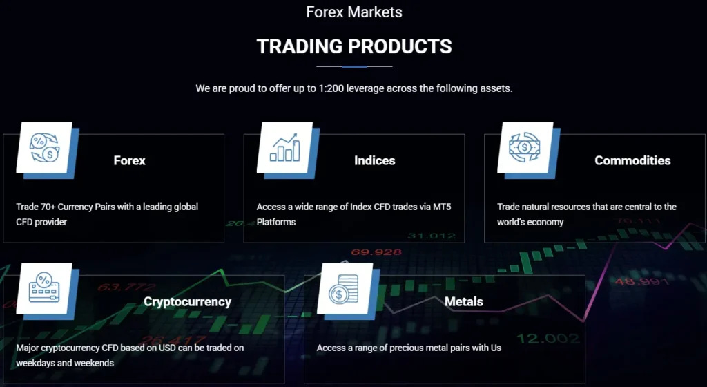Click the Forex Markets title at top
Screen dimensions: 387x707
coord(354,12)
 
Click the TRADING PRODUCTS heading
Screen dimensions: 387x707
coord(354,46)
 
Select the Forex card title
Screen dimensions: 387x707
coord(130,160)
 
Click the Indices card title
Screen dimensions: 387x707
coord(374,160)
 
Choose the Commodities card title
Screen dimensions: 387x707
coord(632,160)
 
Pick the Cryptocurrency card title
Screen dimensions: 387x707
coord(187,302)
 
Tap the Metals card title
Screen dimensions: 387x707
coord(464,302)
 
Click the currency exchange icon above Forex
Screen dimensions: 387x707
coord(43,147)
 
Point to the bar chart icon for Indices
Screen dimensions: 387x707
coord(284,147)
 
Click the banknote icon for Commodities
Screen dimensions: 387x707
coord(525,147)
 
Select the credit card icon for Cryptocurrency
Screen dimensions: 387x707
coord(43,288)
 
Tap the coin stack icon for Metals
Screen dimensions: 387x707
coord(344,288)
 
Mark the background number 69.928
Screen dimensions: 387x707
coord(376,252)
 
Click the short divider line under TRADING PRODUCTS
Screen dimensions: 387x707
coord(354,67)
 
